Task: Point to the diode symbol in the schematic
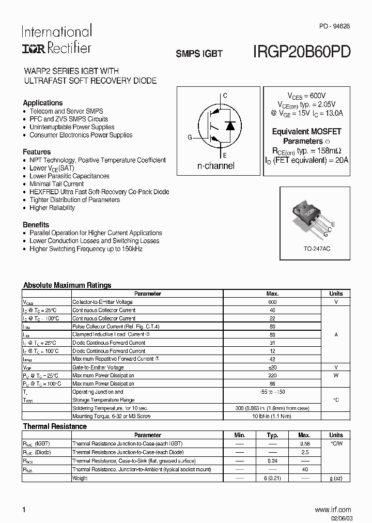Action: (x=231, y=126)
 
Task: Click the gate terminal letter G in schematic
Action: (x=190, y=137)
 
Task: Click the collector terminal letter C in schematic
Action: (x=225, y=96)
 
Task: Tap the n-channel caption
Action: (x=216, y=166)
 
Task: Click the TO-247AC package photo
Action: (x=312, y=216)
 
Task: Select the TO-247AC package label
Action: (x=317, y=249)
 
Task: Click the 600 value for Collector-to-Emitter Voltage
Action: (x=272, y=302)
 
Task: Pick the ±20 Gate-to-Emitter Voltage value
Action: (x=272, y=367)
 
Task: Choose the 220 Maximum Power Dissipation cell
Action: (x=272, y=375)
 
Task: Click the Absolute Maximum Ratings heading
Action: (x=67, y=285)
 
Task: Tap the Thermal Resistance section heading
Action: (x=55, y=426)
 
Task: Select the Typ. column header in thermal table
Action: (x=272, y=435)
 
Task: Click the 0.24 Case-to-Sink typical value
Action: (x=272, y=460)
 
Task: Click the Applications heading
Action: (x=43, y=103)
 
